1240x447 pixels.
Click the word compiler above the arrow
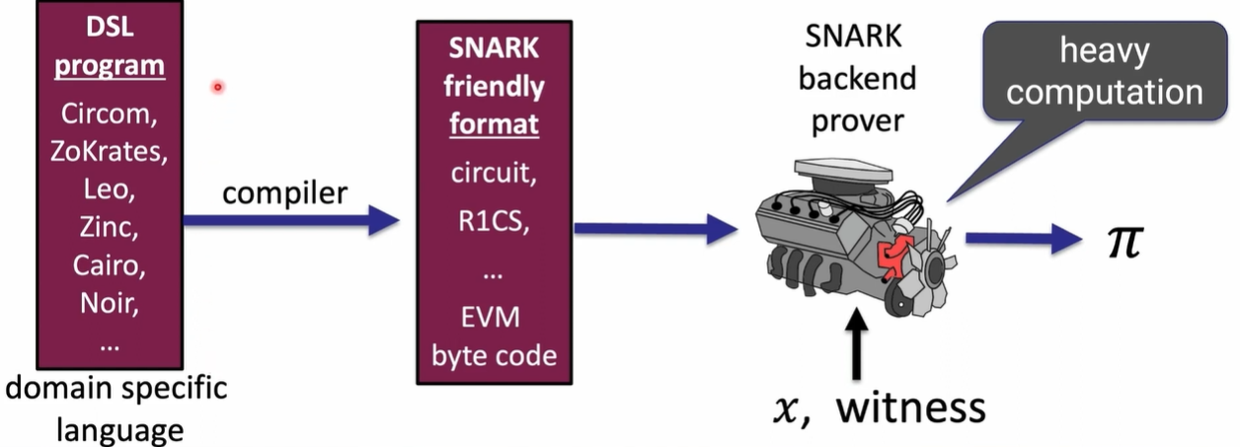coord(284,192)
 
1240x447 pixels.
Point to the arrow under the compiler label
coord(290,222)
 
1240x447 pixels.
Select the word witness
coord(910,406)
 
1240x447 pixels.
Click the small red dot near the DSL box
coord(217,88)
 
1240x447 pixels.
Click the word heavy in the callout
coord(1104,51)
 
